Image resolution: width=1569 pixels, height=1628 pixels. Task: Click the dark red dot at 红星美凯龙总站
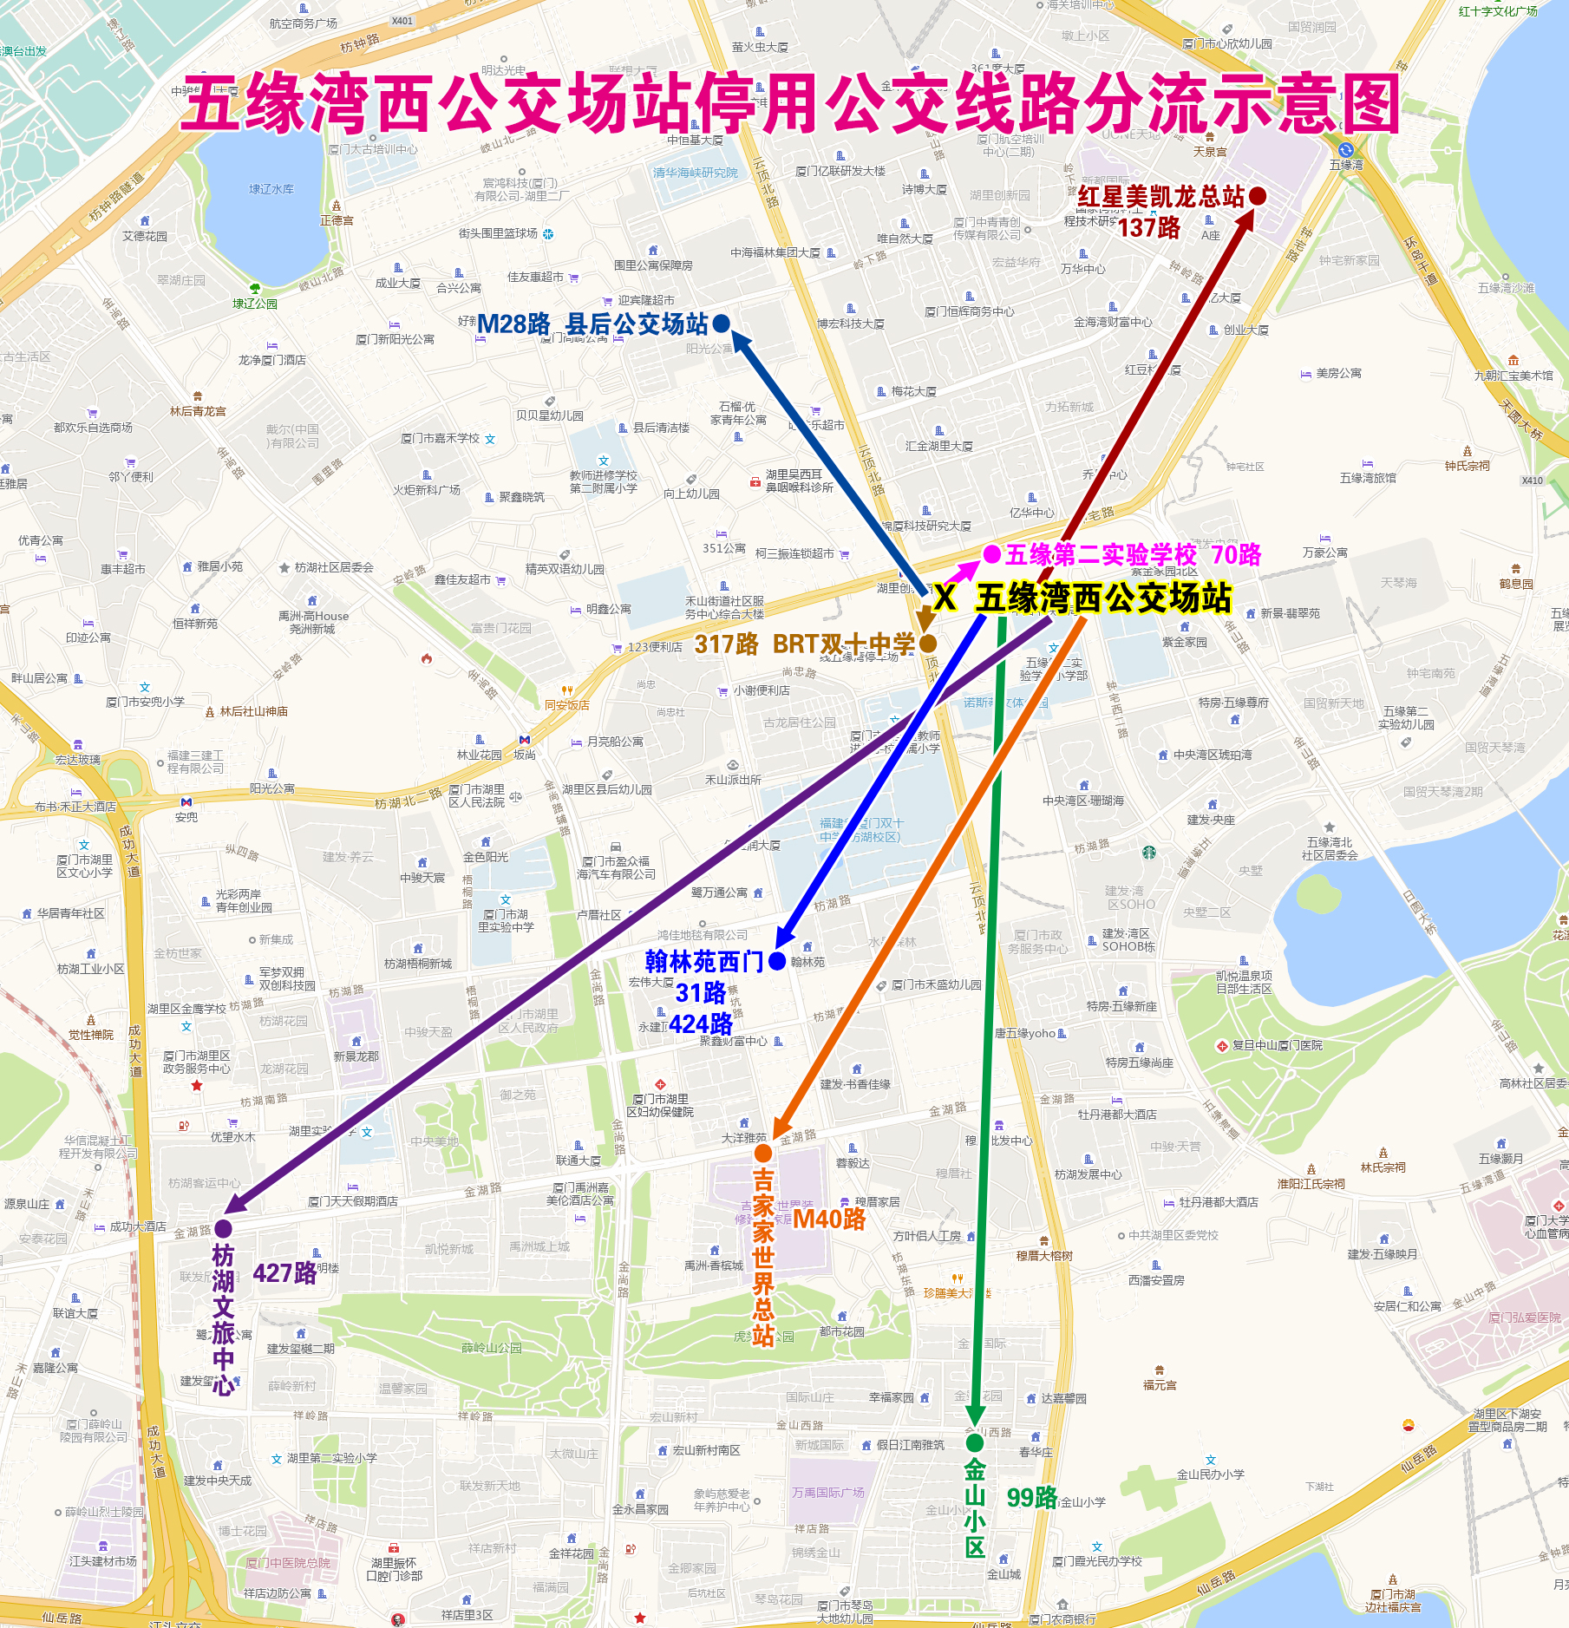[1257, 197]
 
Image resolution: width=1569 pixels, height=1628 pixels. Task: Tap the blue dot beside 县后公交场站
[721, 324]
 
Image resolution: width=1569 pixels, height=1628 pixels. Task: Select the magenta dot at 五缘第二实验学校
[991, 553]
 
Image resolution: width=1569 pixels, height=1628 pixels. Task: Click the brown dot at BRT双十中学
[928, 644]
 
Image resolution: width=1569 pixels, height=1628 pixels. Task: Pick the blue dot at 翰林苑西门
[777, 961]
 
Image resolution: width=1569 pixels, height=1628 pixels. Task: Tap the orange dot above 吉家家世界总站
[763, 1153]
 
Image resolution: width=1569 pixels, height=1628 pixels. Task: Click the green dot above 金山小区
[975, 1442]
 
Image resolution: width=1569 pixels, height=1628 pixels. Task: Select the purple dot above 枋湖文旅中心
[223, 1228]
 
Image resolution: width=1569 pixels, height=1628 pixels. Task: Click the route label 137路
[1148, 227]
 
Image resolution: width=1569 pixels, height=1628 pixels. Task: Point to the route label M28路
[513, 324]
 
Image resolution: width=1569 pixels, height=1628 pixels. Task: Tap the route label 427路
[284, 1272]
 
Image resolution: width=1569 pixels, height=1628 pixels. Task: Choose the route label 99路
[1031, 1497]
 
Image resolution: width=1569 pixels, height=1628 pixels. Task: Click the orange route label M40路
[829, 1219]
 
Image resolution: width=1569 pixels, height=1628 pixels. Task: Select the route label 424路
[701, 1023]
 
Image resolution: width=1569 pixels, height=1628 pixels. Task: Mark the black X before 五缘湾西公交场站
[945, 598]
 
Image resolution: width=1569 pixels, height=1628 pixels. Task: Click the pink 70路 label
[1236, 554]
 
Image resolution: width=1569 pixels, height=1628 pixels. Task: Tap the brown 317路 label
[726, 644]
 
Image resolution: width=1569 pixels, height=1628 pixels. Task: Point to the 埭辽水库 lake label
[271, 188]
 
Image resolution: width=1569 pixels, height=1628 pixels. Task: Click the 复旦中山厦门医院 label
[1277, 1045]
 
